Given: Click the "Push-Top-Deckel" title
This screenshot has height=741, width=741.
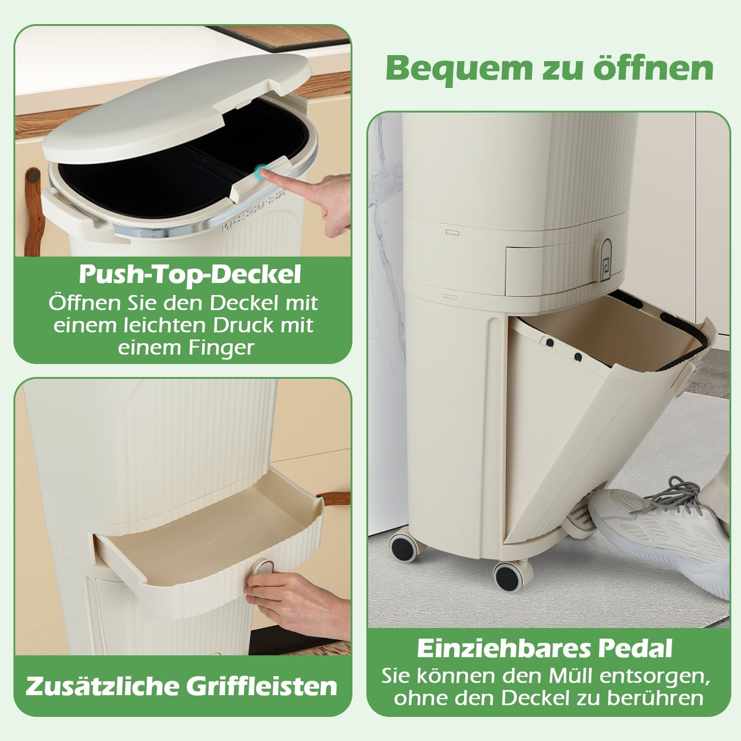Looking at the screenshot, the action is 190,275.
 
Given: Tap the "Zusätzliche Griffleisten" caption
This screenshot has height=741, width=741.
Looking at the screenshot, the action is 182,685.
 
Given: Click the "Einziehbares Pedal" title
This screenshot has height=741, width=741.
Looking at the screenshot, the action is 545,648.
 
